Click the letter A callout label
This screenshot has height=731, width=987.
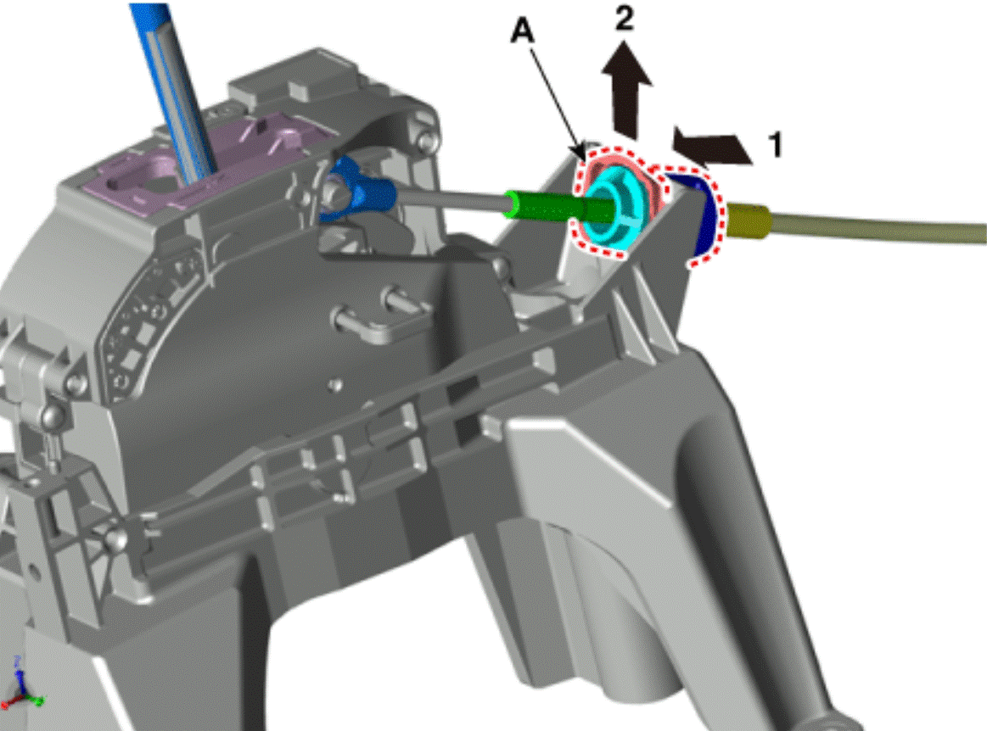tap(522, 31)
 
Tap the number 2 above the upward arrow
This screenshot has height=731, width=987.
tap(624, 19)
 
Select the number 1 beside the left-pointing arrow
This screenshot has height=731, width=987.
tap(776, 144)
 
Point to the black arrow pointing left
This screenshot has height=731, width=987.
tap(711, 147)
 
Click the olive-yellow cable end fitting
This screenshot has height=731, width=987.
tap(748, 220)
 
